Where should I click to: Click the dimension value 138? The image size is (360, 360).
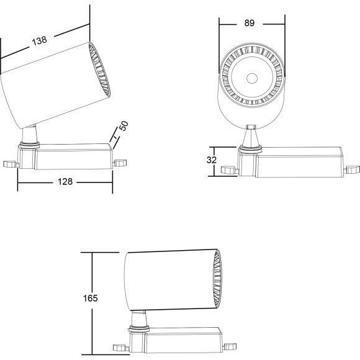[x=40, y=40]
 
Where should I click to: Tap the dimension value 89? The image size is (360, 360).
[x=250, y=23]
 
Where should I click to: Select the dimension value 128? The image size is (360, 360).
[x=65, y=182]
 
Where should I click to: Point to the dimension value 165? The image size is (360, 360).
[x=90, y=298]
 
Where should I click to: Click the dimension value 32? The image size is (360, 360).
[x=212, y=160]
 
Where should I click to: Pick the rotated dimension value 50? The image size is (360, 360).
[x=124, y=126]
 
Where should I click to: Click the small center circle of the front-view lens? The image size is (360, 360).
[x=252, y=78]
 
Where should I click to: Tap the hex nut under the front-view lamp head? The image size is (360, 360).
[x=251, y=127]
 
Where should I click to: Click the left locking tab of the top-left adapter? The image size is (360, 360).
[x=11, y=164]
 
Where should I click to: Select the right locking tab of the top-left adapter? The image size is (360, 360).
[x=120, y=163]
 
